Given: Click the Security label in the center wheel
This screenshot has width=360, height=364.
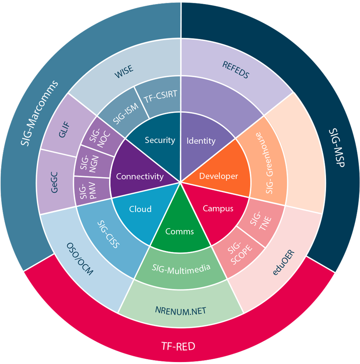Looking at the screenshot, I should pos(160,140).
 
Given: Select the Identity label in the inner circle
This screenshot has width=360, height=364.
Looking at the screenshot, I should pos(201,141).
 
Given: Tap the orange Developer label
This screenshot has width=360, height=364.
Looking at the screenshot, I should pos(218,176).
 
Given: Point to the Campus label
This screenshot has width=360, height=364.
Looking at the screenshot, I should pos(218,208).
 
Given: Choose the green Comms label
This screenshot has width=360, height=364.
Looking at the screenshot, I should pos(180,231).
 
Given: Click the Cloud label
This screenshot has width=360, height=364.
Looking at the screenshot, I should pos(140,209).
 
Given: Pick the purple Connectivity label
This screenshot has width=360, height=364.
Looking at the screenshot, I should pos(140,176).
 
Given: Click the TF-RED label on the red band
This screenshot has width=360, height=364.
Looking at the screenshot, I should pos(178,346).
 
